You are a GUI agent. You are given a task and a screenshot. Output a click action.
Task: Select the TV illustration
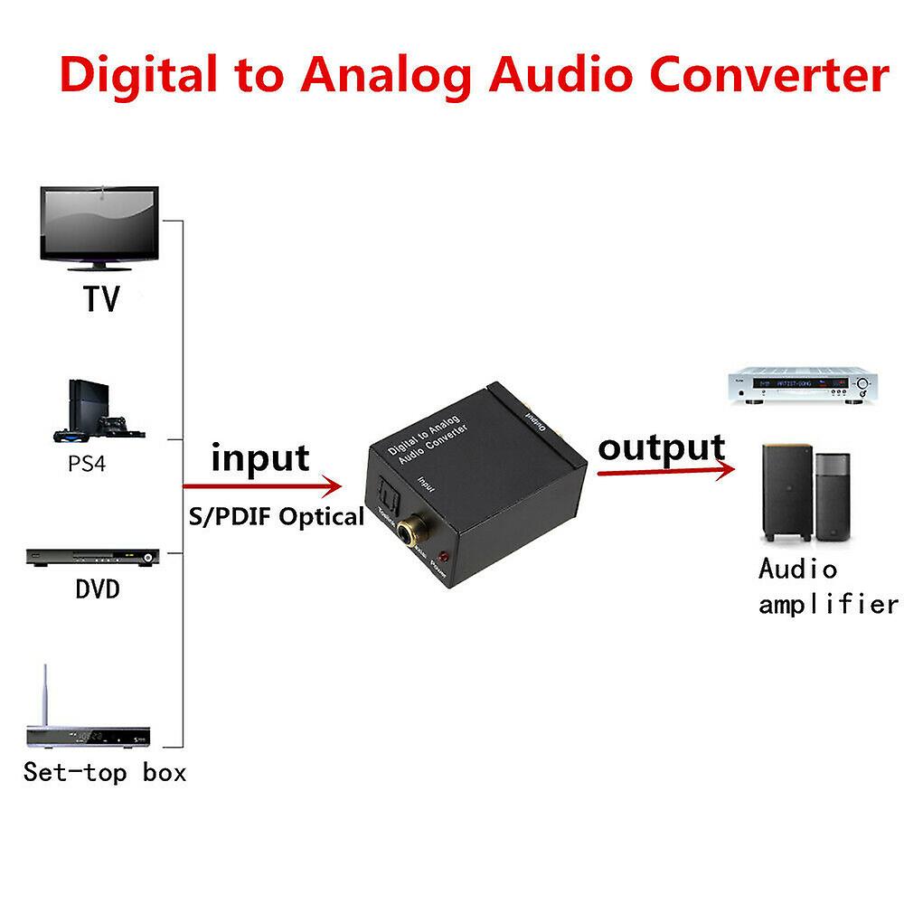pos(99,226)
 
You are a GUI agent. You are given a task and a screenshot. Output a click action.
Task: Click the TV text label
pos(101,299)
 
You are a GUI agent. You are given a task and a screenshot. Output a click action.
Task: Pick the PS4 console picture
pos(100,412)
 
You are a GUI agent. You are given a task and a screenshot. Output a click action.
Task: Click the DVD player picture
pos(93,557)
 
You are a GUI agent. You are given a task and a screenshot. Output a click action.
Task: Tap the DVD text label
pos(97,590)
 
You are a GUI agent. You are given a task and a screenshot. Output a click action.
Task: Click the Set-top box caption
pos(104,773)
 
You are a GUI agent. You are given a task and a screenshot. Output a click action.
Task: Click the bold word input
pos(259,457)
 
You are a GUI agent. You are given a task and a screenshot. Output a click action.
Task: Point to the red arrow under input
pos(262,486)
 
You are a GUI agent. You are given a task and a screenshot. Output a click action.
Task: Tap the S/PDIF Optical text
pos(275,517)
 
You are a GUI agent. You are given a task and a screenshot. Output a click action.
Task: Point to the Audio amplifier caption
pos(827,587)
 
